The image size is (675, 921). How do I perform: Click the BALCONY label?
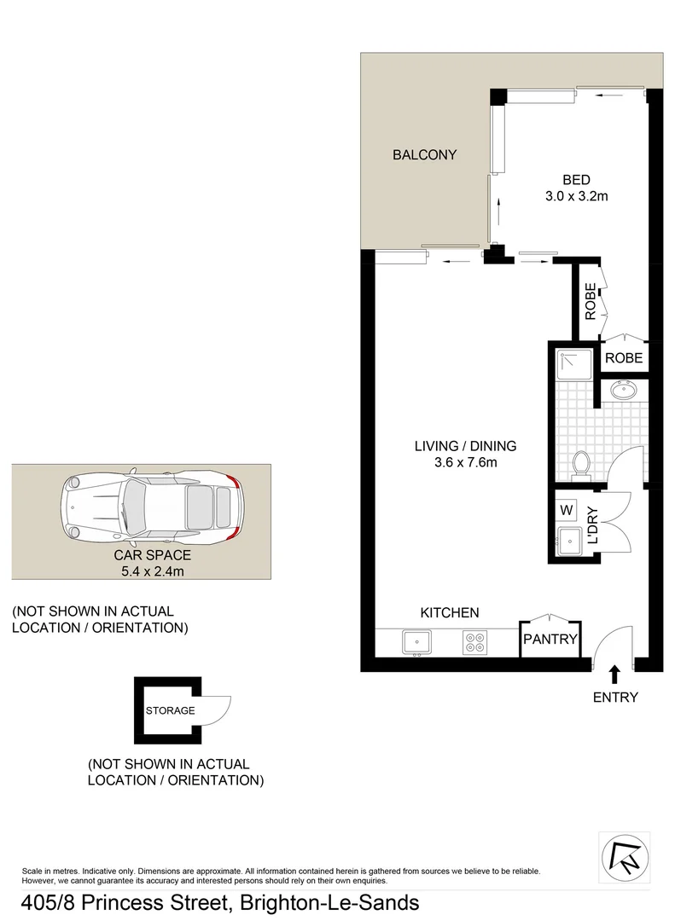(424, 155)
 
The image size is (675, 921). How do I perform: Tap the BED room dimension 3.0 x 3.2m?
(576, 196)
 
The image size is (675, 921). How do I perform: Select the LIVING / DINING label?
(465, 445)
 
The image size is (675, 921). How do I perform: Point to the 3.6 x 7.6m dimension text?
(465, 463)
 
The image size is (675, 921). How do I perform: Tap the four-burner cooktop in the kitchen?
(474, 642)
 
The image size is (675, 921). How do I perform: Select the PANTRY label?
(550, 640)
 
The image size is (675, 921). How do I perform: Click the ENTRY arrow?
(614, 674)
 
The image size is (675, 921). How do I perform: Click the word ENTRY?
(614, 698)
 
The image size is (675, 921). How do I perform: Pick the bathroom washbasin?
(624, 391)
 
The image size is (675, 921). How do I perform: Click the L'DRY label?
(593, 526)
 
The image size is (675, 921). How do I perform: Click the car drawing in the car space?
(154, 508)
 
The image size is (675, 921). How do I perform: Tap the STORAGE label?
(170, 710)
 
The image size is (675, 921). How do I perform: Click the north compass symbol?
(625, 857)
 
